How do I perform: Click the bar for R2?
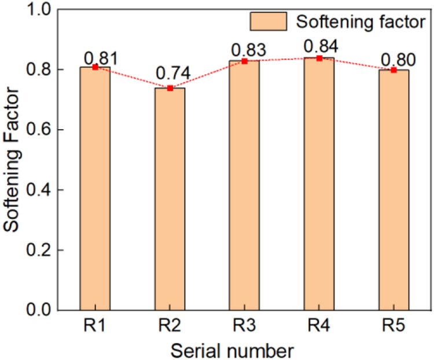point(170,199)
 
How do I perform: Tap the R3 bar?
point(244,185)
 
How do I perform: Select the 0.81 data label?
point(101,57)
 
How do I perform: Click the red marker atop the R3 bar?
point(244,61)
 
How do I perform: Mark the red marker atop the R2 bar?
point(170,88)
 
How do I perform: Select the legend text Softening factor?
point(361,23)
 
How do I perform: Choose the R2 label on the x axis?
point(170,326)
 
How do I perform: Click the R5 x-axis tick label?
point(393,326)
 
